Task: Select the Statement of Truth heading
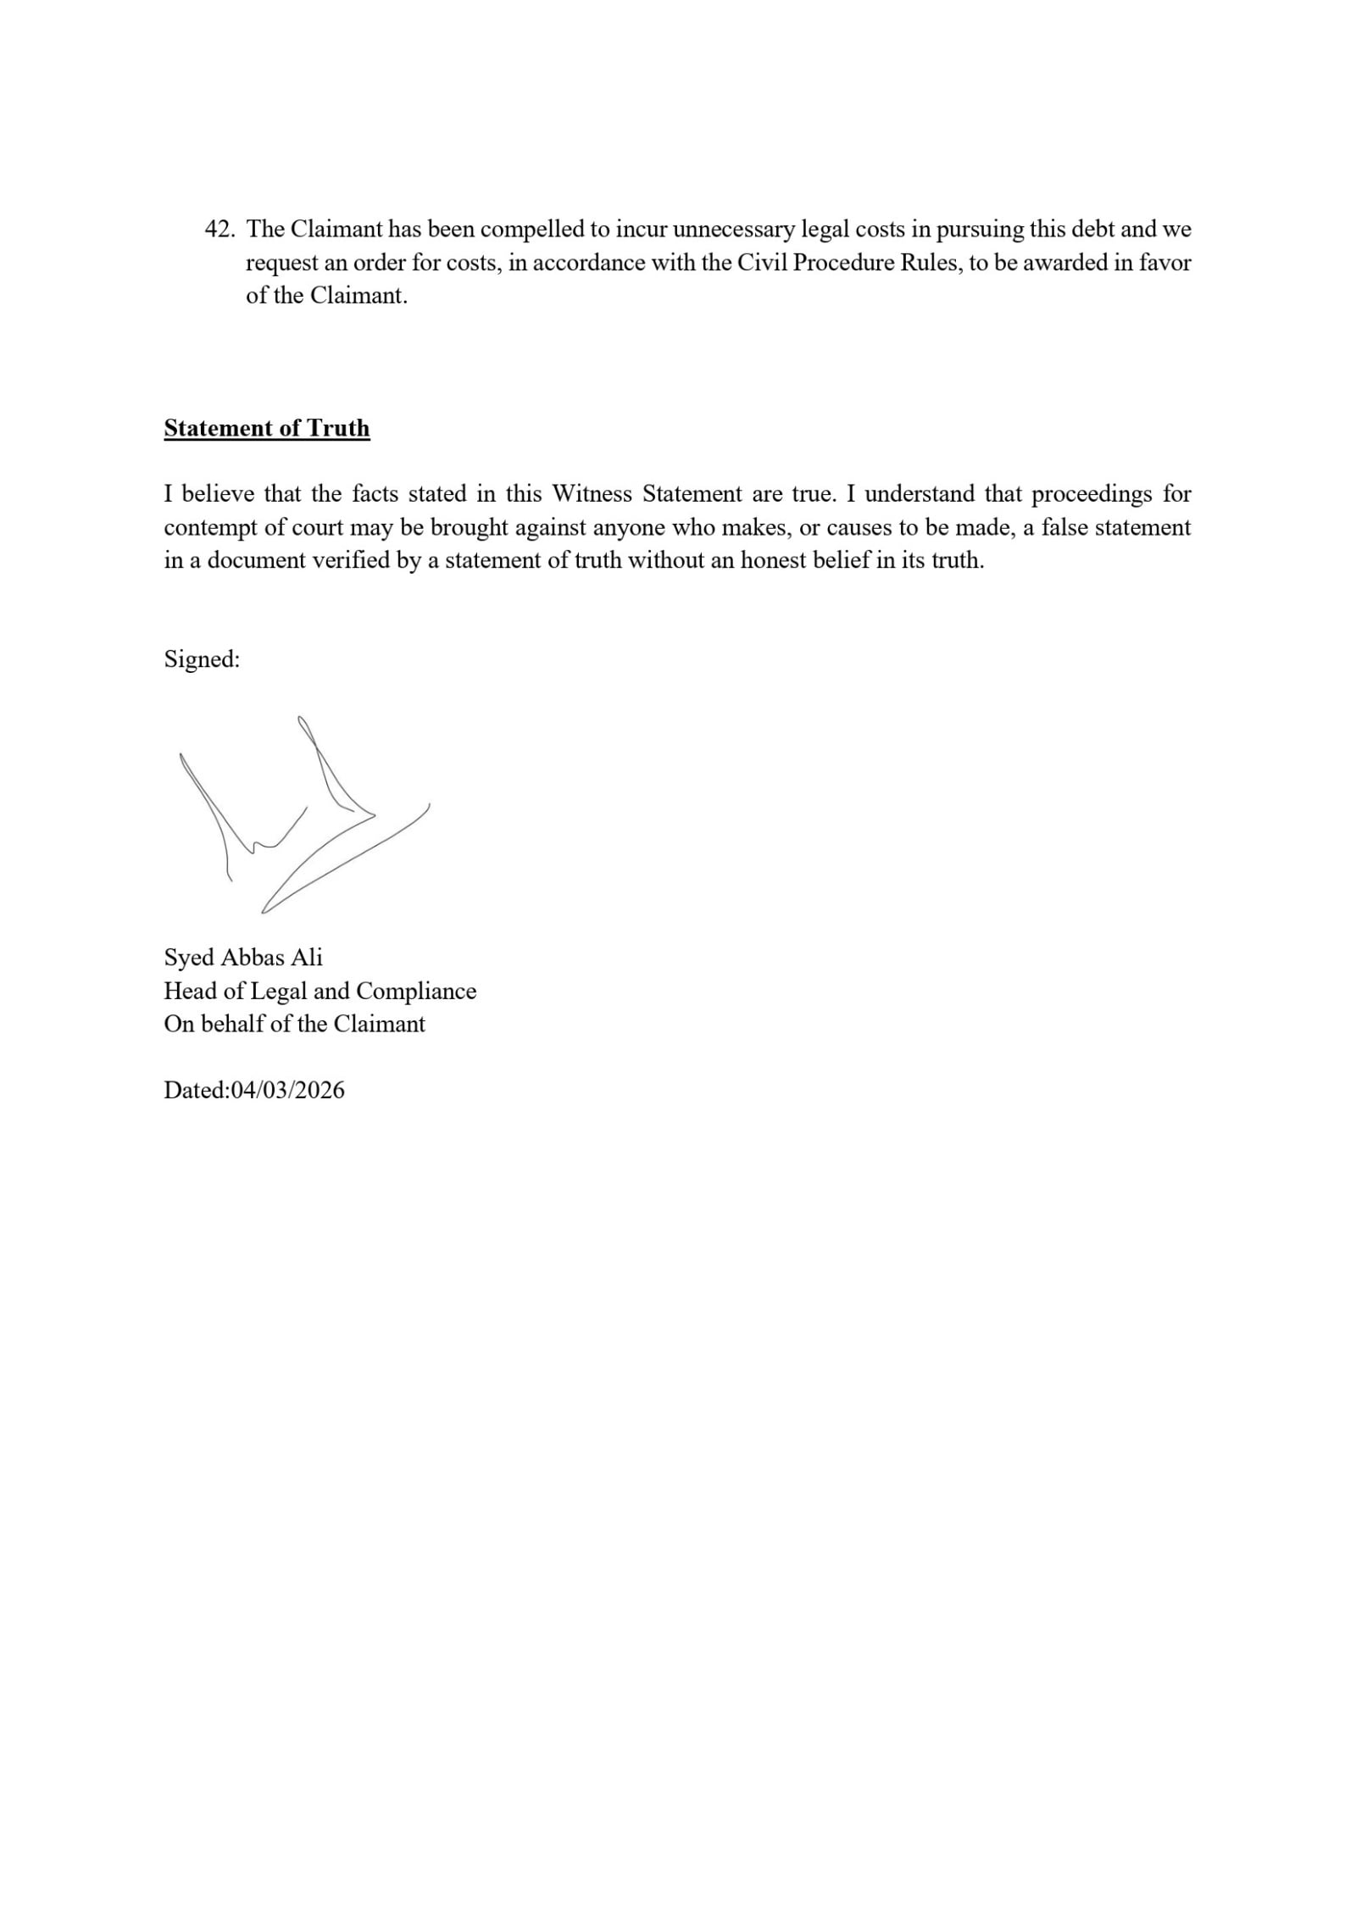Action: [x=267, y=428]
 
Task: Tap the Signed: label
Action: [x=202, y=659]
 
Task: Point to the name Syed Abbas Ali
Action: [x=243, y=958]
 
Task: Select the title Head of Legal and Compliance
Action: [x=320, y=991]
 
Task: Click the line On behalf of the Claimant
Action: [x=294, y=1024]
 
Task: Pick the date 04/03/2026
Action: [x=287, y=1090]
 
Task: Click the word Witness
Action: [x=592, y=494]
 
